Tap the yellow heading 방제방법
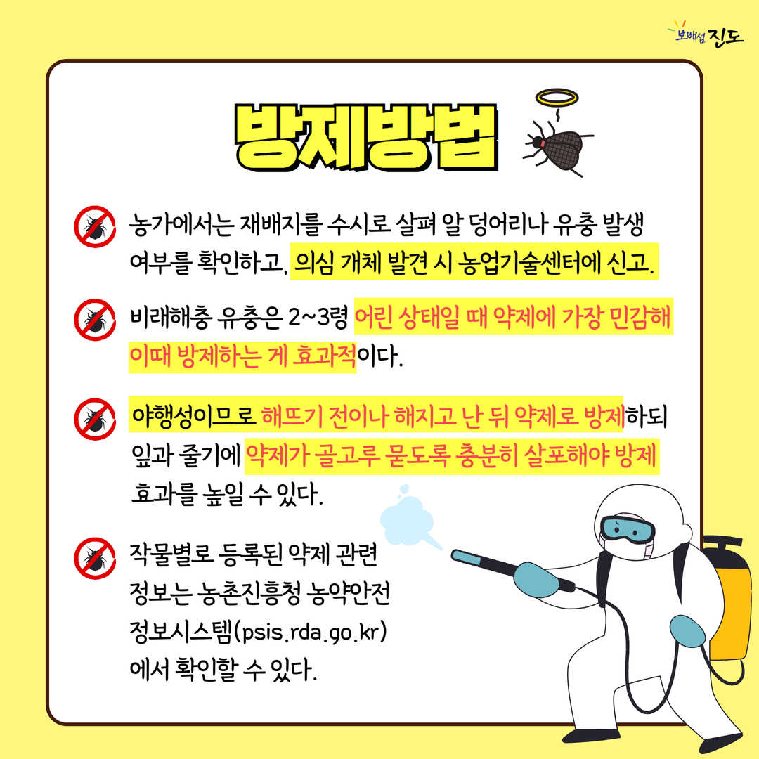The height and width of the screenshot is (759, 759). pyautogui.click(x=366, y=137)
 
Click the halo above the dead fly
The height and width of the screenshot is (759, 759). pyautogui.click(x=557, y=97)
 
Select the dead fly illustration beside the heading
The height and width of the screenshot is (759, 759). pyautogui.click(x=558, y=146)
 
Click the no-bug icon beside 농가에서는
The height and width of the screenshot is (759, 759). pyautogui.click(x=95, y=226)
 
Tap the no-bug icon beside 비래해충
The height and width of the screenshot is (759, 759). pyautogui.click(x=95, y=320)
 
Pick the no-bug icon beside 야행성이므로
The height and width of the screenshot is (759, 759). pyautogui.click(x=95, y=419)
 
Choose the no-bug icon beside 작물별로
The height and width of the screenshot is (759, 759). pyautogui.click(x=95, y=558)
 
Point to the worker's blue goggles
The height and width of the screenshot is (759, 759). pyautogui.click(x=628, y=529)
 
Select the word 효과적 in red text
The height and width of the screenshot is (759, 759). pyautogui.click(x=325, y=356)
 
